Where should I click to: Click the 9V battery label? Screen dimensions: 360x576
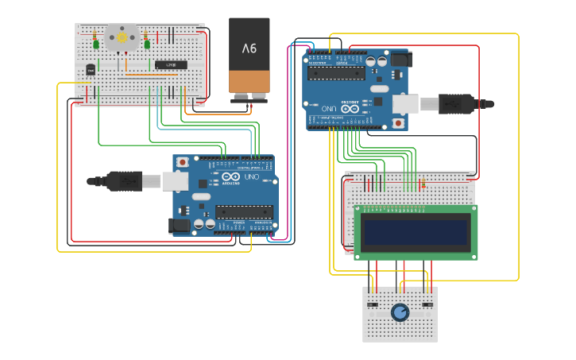249,48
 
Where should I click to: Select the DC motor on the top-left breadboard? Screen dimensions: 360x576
122,37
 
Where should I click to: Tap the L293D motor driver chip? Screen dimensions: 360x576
171,64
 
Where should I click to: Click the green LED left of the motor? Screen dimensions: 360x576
96,44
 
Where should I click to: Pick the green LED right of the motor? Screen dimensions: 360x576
148,44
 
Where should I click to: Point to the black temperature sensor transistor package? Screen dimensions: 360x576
91,70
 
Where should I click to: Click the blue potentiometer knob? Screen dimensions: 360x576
400,312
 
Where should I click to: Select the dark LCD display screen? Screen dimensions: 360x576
416,232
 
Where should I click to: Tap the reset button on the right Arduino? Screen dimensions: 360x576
398,123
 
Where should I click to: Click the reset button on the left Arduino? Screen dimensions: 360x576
183,162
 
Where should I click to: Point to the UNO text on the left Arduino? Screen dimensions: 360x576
252,176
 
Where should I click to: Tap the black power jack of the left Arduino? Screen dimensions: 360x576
180,226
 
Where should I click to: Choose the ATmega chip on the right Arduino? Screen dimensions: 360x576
336,73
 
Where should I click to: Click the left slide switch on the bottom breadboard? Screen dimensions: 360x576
371,305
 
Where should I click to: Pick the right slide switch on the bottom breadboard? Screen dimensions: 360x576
427,305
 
